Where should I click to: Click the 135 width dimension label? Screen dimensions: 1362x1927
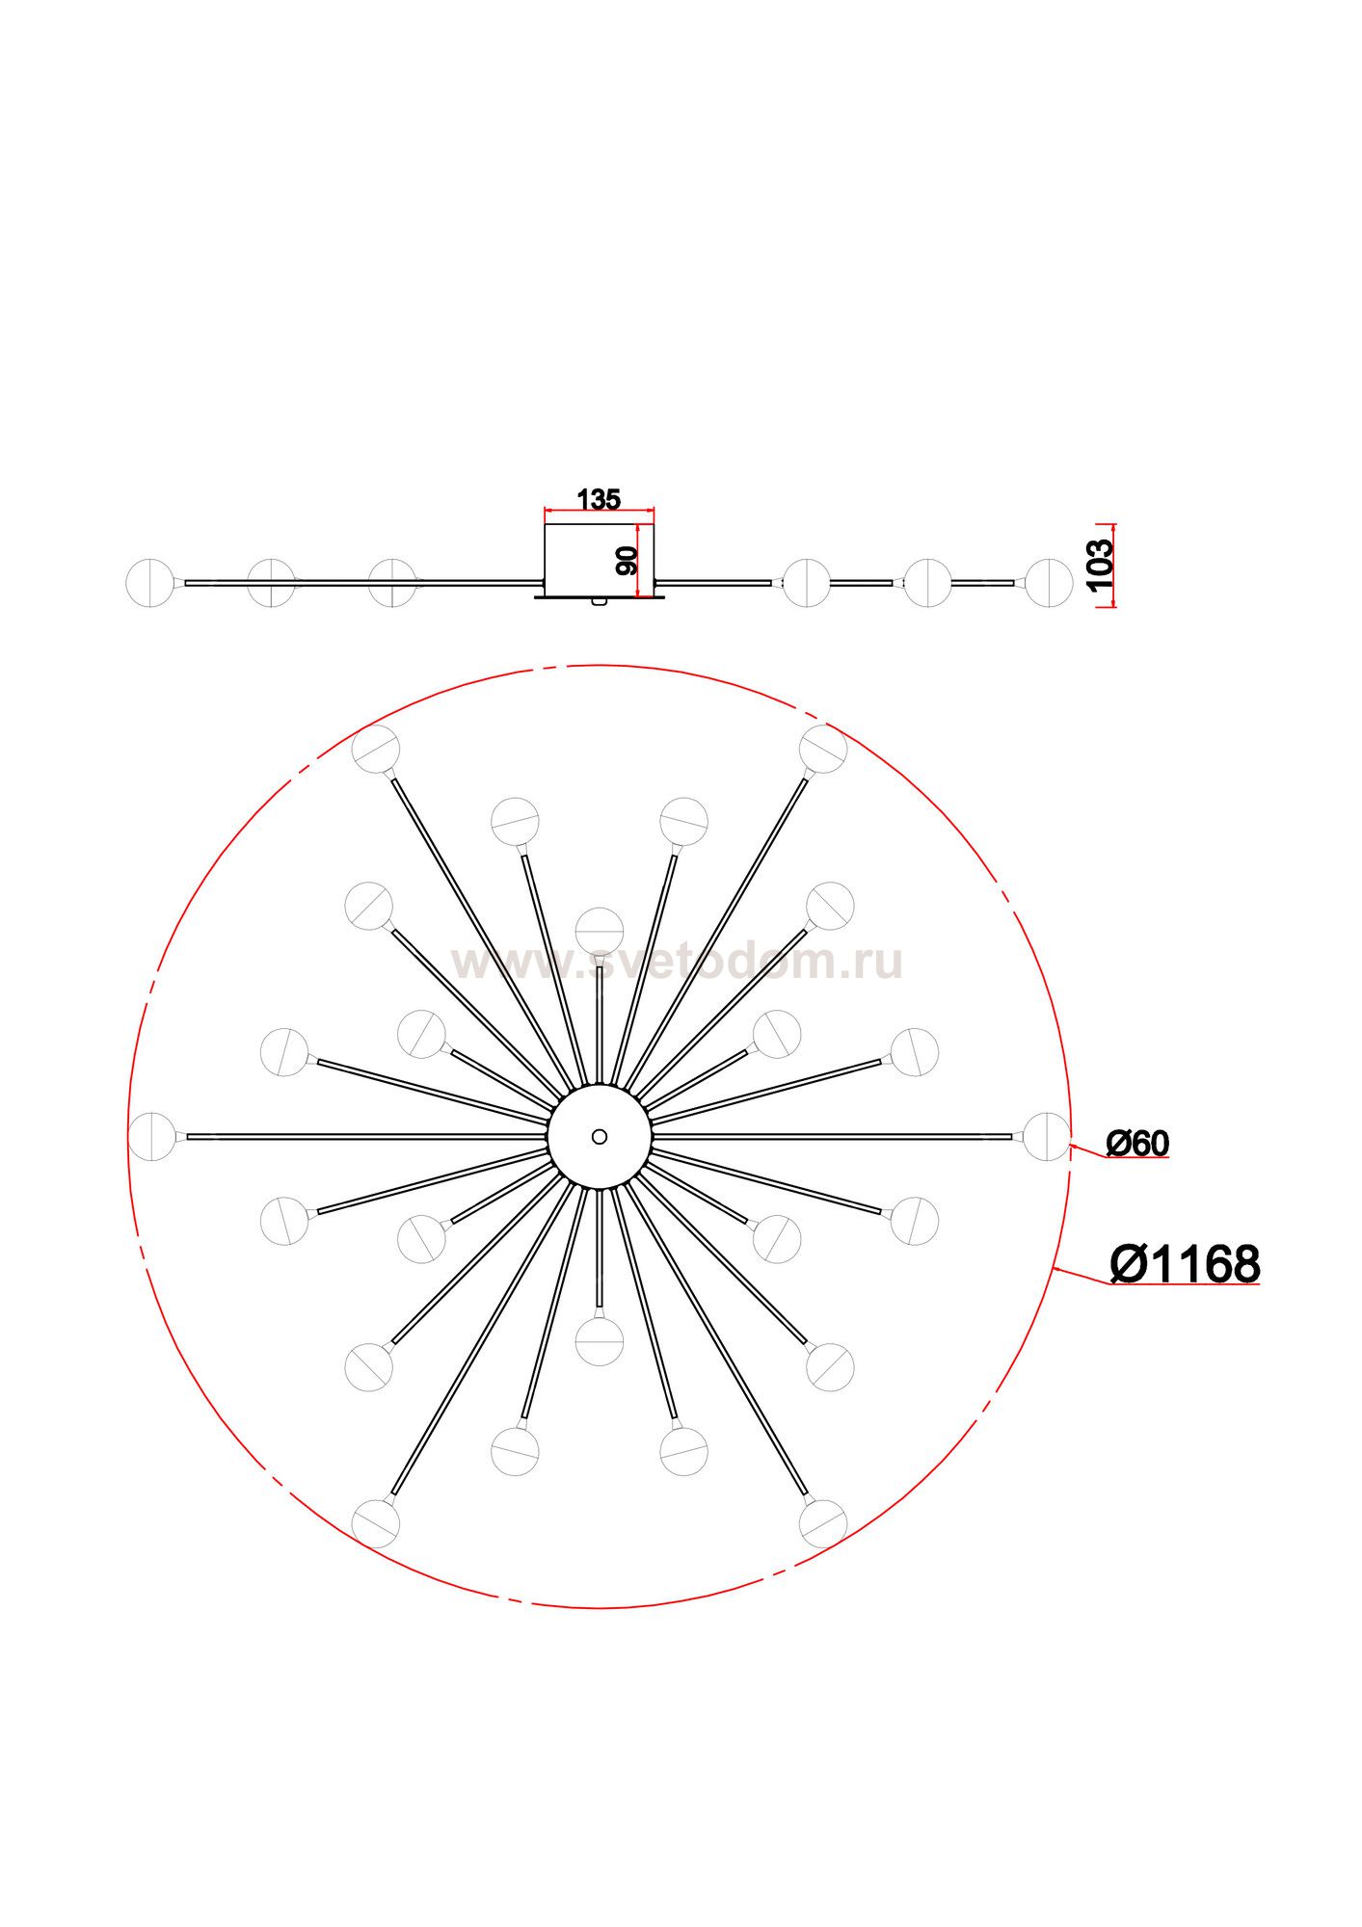599,499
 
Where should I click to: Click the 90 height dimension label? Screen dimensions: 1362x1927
627,561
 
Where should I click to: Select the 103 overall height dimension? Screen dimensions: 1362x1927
1100,565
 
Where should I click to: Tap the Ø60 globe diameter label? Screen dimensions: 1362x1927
1137,1144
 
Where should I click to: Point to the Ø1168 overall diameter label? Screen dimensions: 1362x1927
1185,1264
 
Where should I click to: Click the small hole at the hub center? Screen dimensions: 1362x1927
600,1137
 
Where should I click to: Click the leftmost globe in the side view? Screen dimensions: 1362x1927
150,583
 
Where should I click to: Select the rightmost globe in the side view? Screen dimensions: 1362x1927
1049,583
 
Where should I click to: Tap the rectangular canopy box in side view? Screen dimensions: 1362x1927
600,561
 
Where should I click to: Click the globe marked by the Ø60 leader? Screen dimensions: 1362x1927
1047,1137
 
